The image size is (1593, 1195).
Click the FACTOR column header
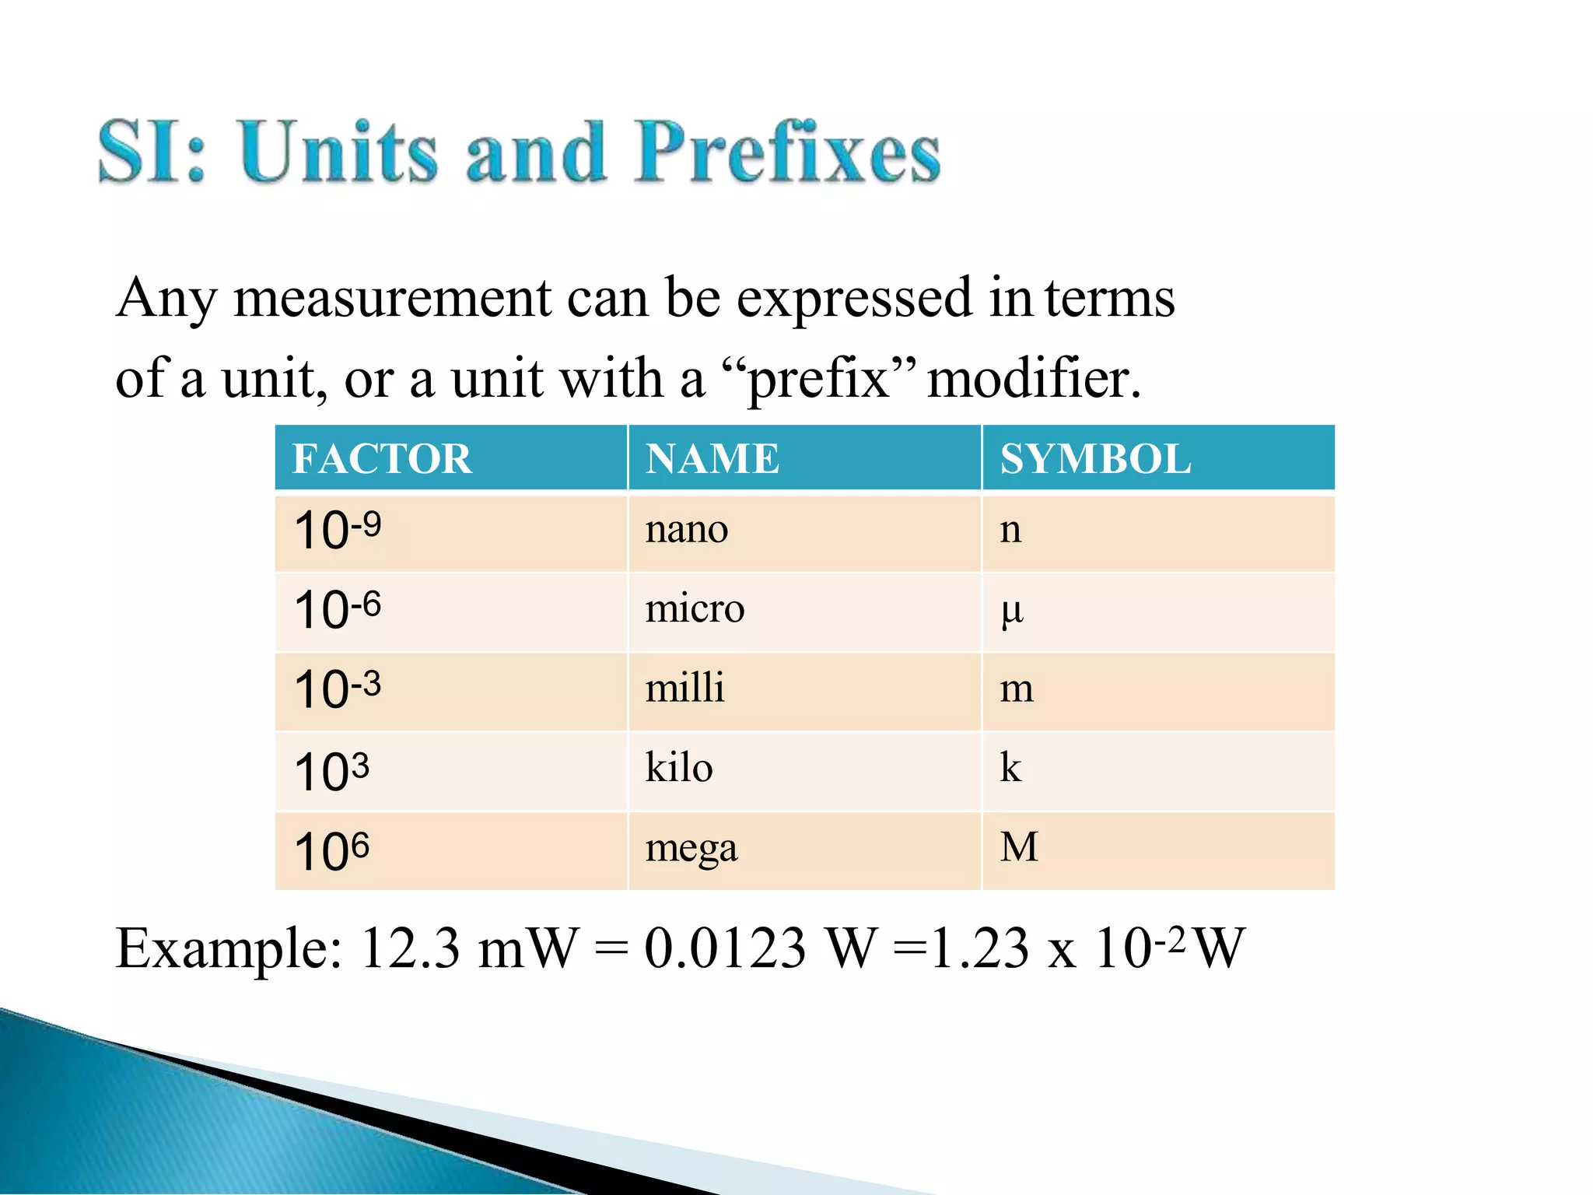[382, 458]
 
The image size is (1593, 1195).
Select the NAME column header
[712, 458]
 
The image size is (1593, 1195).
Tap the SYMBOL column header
[1094, 458]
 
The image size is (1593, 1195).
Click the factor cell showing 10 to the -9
[338, 531]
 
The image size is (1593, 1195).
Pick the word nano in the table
[686, 530]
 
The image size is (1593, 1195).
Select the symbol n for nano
[1010, 531]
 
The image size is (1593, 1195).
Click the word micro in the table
[695, 608]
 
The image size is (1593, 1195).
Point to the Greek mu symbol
[1011, 612]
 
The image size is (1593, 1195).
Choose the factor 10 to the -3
[338, 689]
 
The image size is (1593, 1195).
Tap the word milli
[684, 688]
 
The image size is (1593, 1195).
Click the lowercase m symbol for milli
[1016, 689]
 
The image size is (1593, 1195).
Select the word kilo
[679, 767]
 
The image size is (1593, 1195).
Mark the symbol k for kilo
[1010, 767]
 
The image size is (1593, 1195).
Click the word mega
[691, 849]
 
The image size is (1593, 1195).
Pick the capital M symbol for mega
[1019, 847]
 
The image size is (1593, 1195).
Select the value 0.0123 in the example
[724, 949]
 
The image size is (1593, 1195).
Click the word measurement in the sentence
[391, 299]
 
